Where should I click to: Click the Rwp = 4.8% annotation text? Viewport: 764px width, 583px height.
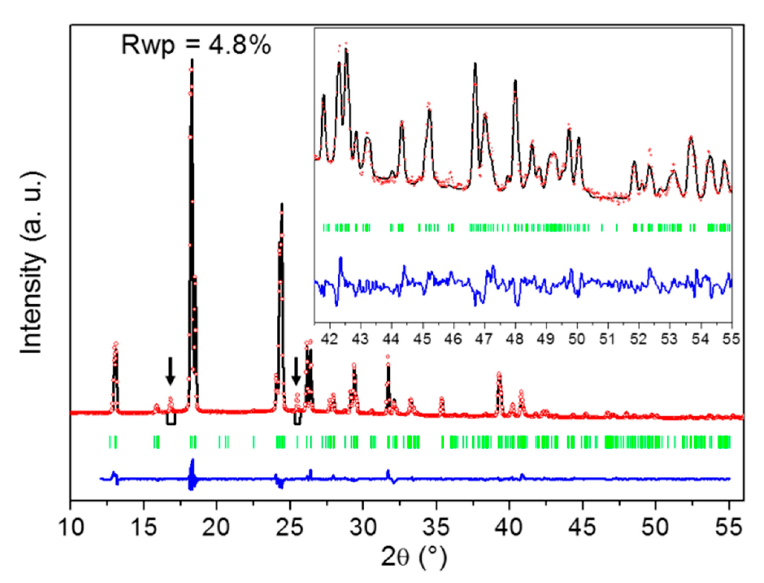coord(196,45)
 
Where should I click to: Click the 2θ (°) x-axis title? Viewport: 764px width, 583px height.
coord(414,557)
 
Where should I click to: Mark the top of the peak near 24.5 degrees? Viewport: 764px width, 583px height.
coord(282,204)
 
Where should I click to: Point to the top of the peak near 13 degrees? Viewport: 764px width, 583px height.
coord(116,344)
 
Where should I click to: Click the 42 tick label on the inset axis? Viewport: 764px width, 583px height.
coord(329,339)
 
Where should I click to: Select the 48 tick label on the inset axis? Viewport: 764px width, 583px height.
coord(515,339)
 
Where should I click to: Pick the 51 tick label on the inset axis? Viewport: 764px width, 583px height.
coord(608,339)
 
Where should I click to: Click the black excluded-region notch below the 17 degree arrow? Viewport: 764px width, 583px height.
coord(171,423)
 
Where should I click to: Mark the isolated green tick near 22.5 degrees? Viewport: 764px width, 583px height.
coord(254,442)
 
